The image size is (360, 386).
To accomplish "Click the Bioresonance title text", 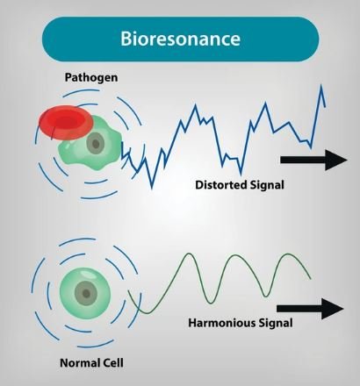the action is pyautogui.click(x=180, y=39).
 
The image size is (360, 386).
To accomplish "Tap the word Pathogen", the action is pyautogui.click(x=91, y=77).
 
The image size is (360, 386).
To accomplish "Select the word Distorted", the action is pyautogui.click(x=221, y=185).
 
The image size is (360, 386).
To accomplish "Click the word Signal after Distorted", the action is pyautogui.click(x=267, y=185).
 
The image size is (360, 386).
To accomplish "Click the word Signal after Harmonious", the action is pyautogui.click(x=276, y=324).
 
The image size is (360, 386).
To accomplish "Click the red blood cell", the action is pyautogui.click(x=66, y=122).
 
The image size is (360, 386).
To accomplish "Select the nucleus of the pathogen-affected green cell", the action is pyautogui.click(x=96, y=144).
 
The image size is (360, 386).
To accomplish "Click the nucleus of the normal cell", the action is pyautogui.click(x=86, y=293).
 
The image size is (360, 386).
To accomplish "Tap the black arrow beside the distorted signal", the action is pyautogui.click(x=313, y=160).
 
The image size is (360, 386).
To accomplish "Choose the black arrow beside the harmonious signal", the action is pyautogui.click(x=310, y=309).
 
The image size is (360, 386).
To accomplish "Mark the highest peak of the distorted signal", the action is pyautogui.click(x=321, y=85).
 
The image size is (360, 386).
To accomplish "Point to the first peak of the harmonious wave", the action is pyautogui.click(x=189, y=254).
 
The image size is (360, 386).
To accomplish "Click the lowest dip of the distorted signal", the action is pyautogui.click(x=152, y=188).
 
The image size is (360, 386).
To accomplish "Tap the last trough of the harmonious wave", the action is pyautogui.click(x=265, y=296).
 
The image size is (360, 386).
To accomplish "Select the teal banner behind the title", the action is pyautogui.click(x=180, y=39).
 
